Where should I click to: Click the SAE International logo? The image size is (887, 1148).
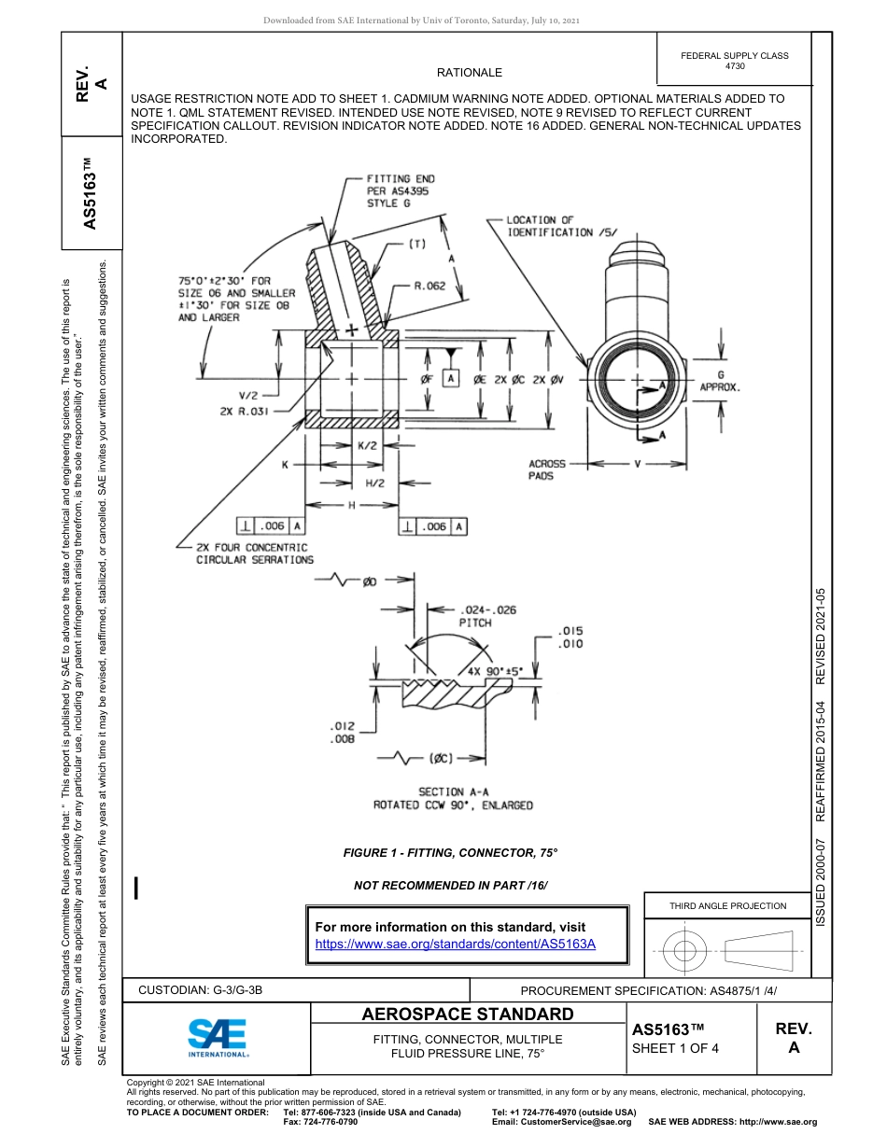click(x=218, y=1037)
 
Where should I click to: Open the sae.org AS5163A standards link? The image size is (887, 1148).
click(x=456, y=944)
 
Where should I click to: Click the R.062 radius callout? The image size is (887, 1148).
click(x=430, y=287)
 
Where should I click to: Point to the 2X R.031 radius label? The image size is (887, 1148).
click(x=246, y=411)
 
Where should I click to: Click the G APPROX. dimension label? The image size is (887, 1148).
click(x=720, y=380)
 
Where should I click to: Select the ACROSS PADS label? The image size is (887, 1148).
click(x=547, y=469)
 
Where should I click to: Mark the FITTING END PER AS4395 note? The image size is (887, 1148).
click(x=400, y=190)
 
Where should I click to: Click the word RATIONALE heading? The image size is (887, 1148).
click(x=470, y=73)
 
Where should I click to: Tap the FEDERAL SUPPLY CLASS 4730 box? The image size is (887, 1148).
click(x=735, y=61)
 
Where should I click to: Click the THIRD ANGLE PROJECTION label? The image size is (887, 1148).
click(x=727, y=905)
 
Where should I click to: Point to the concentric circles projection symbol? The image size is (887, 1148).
click(x=685, y=952)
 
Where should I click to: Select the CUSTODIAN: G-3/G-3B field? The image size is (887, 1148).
click(x=207, y=989)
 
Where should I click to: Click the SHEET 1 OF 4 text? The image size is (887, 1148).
click(x=676, y=1047)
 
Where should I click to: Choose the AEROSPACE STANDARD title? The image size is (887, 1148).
click(x=468, y=1015)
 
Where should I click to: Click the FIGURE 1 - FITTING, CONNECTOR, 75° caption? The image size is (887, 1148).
click(x=451, y=853)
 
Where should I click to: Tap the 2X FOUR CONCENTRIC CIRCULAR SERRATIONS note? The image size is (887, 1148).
click(x=254, y=553)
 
